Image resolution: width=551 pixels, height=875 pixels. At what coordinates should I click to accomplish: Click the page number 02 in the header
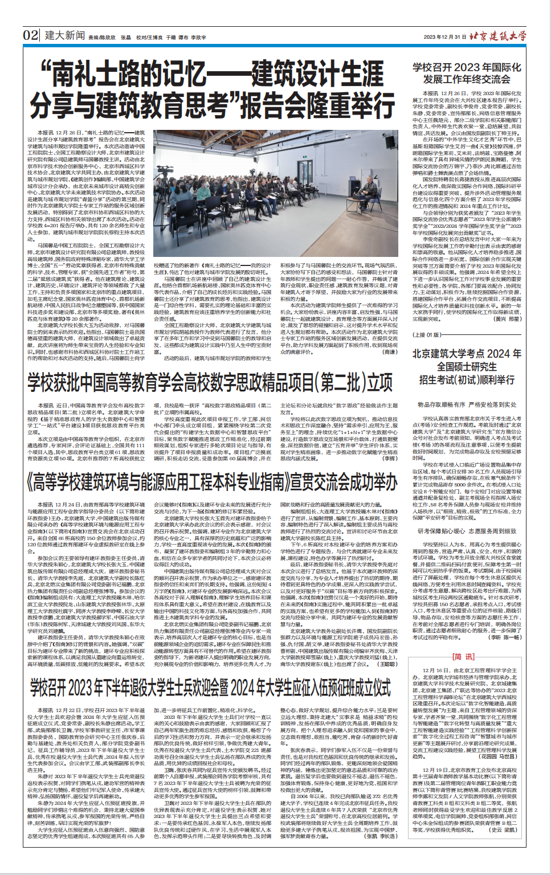[x=31, y=35]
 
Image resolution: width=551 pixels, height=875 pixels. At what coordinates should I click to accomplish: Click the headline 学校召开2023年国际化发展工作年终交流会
[x=467, y=73]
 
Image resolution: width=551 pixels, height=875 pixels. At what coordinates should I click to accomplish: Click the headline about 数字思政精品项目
[x=210, y=382]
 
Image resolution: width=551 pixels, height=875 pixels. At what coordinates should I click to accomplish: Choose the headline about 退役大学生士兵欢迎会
[x=211, y=688]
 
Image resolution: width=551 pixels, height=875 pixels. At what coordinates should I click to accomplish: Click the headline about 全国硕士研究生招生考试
[x=467, y=366]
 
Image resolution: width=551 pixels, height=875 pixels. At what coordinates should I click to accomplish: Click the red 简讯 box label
[x=463, y=657]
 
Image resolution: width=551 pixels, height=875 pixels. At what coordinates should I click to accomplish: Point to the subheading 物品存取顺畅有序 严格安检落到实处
[x=467, y=404]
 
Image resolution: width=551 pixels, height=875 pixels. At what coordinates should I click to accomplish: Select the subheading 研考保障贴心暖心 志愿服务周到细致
[x=467, y=531]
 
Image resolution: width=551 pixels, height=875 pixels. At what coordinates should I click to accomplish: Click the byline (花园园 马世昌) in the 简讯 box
[x=498, y=757]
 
